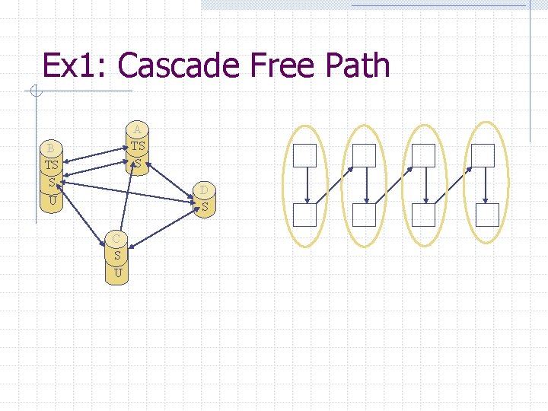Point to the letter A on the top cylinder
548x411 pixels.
[137, 127]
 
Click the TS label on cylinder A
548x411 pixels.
[137, 145]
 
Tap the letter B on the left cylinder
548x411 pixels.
[50, 147]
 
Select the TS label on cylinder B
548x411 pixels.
[51, 164]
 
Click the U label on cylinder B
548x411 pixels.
[52, 201]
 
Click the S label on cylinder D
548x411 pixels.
[205, 205]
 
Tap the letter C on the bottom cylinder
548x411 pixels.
[116, 238]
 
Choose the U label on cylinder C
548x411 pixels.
[117, 272]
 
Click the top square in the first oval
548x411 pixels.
[304, 155]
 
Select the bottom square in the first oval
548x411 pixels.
[304, 215]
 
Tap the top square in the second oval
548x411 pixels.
[365, 155]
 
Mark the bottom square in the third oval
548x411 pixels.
[424, 215]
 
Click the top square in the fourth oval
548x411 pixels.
[483, 155]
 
